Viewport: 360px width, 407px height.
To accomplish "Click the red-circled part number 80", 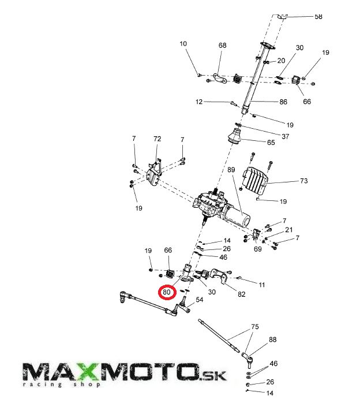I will pos(167,293).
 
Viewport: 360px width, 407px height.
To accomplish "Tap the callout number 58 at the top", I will pos(318,17).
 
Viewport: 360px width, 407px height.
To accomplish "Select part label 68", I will pos(222,46).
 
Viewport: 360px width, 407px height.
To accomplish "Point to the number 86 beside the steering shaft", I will pos(283,102).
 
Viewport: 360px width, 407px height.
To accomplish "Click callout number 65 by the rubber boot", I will pos(271,142).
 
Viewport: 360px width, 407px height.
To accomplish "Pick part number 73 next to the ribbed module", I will pos(303,181).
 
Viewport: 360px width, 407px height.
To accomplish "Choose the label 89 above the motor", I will pos(231,170).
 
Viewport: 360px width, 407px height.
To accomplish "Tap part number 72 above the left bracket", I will pos(157,140).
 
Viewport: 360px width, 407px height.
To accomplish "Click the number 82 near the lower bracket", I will pos(241,294).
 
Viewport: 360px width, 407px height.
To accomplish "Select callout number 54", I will pos(199,300).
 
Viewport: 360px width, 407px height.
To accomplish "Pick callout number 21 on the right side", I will pos(288,230).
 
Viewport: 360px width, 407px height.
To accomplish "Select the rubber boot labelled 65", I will pos(235,139).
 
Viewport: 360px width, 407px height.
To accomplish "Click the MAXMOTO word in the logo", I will pos(110,372).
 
